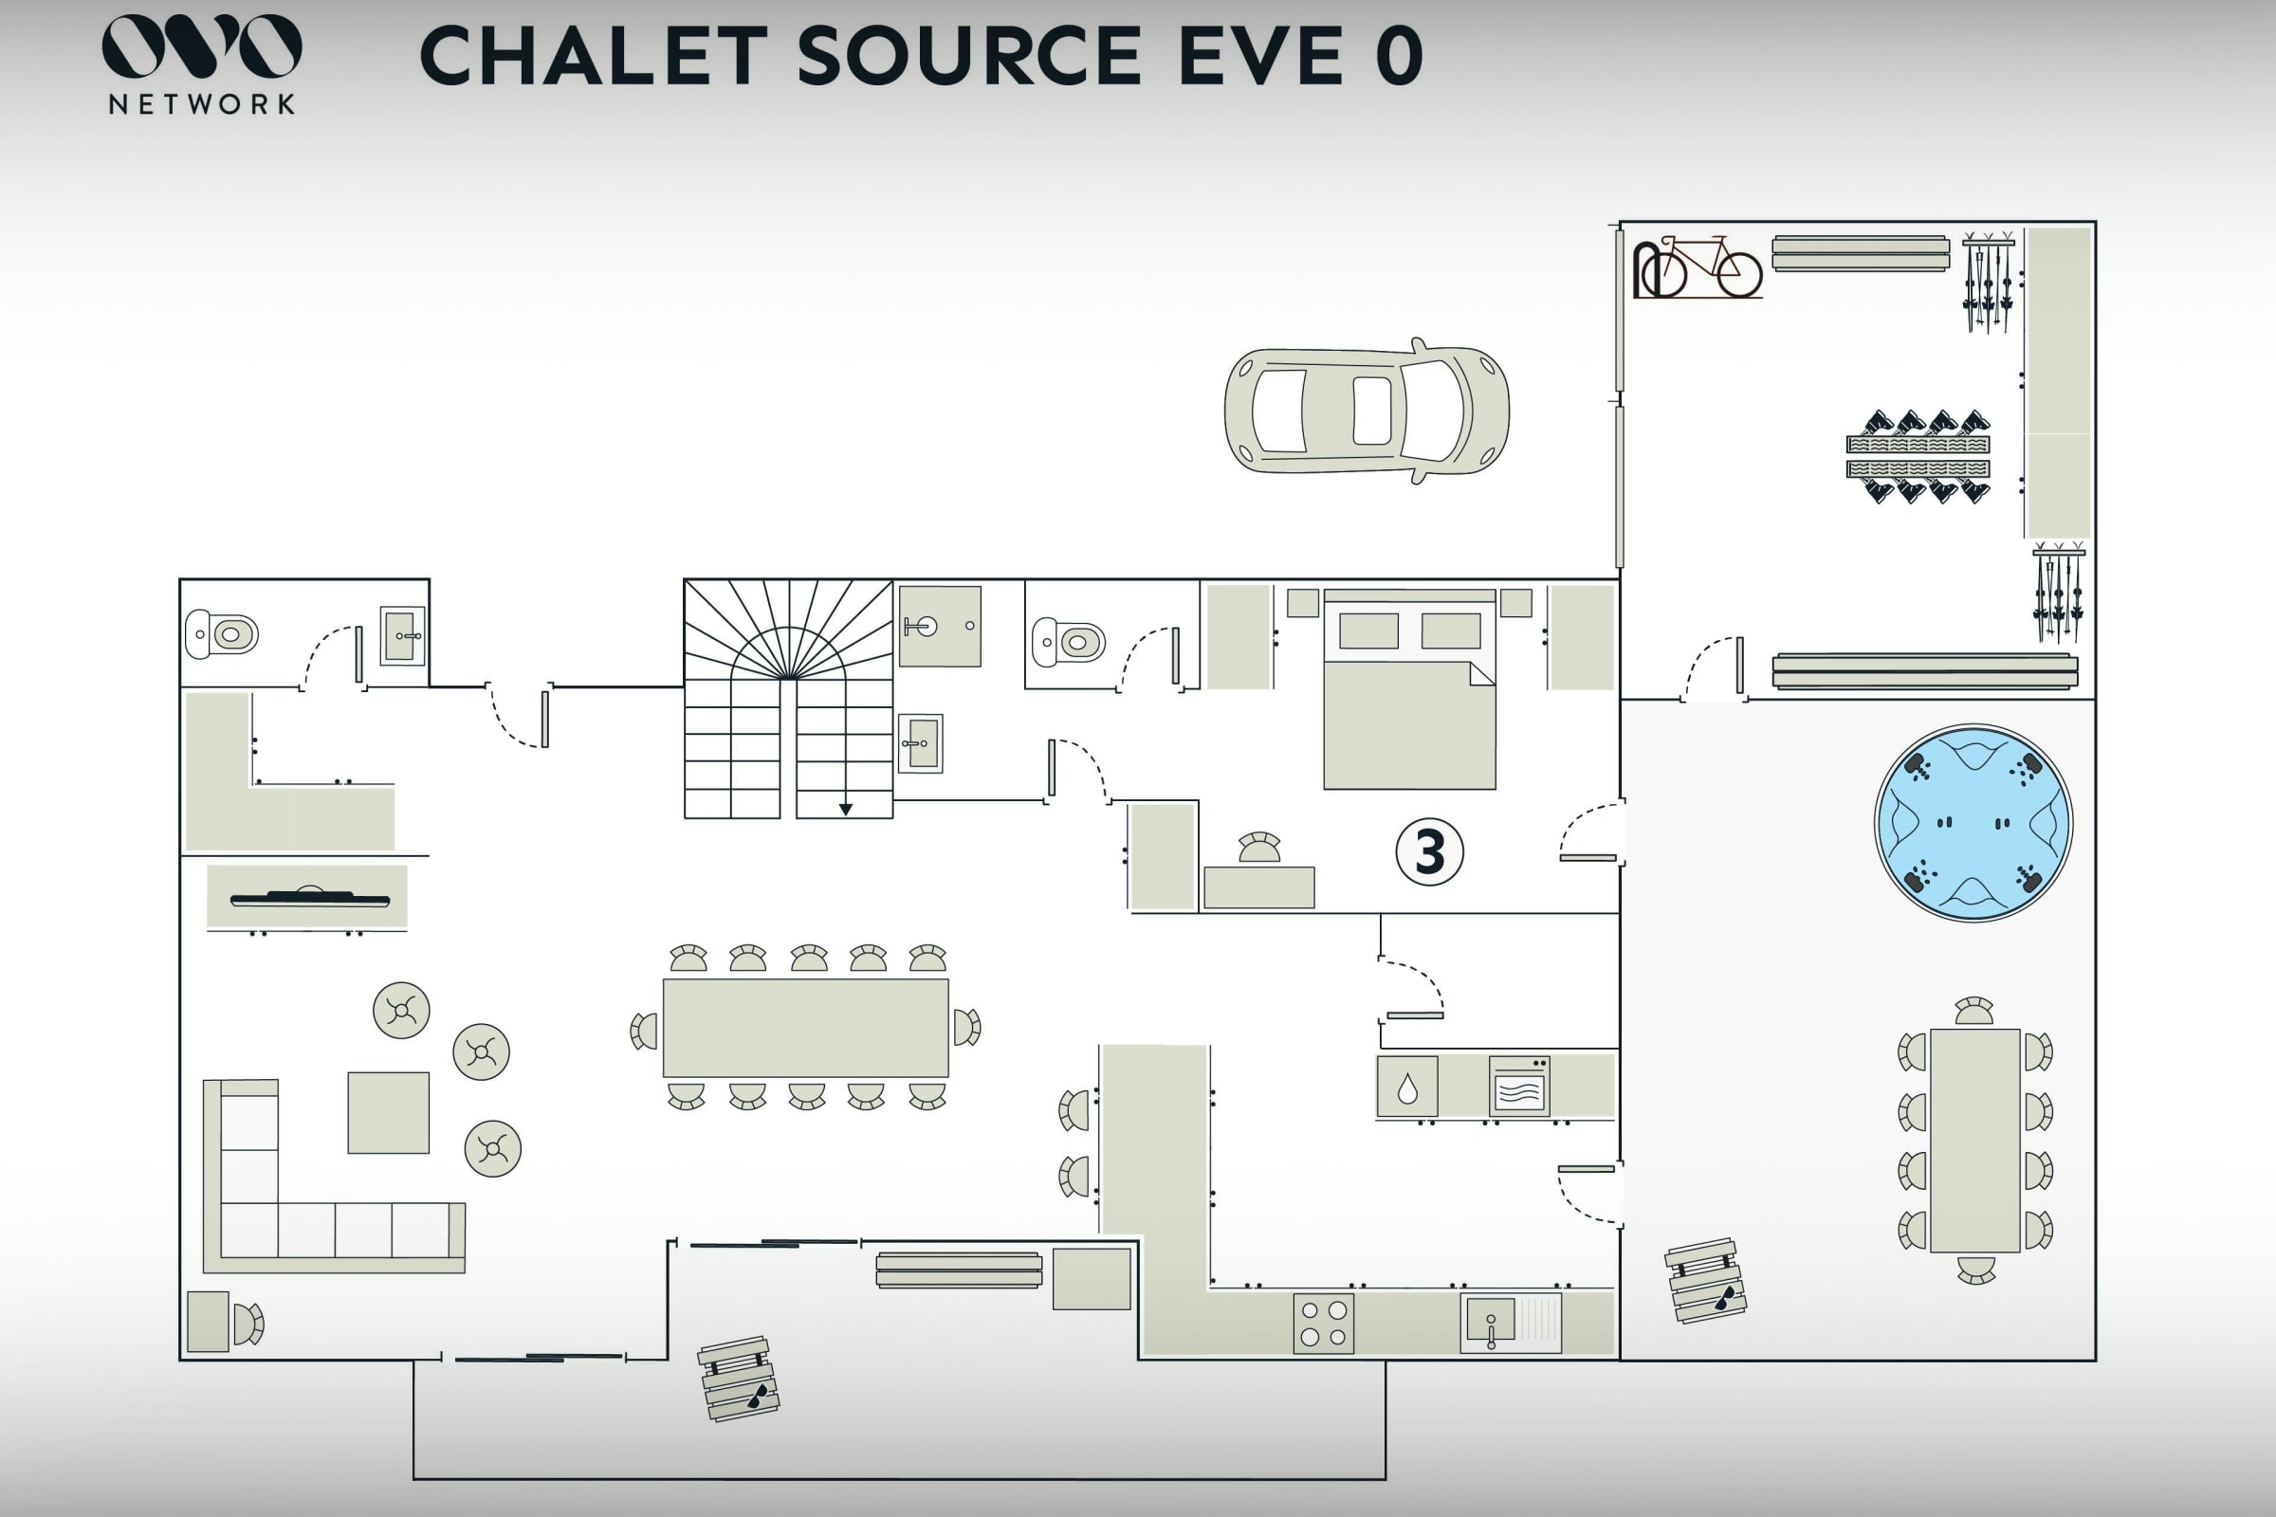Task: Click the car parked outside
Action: (x=1367, y=411)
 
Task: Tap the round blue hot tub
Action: (x=1973, y=823)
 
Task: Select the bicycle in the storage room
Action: (x=1698, y=267)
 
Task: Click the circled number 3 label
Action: (x=1429, y=852)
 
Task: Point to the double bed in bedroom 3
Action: (x=1409, y=689)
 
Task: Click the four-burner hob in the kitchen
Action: (x=1324, y=1324)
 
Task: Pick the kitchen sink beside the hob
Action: (x=1511, y=1323)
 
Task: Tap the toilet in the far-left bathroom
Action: (x=222, y=634)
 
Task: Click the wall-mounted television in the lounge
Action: (x=310, y=899)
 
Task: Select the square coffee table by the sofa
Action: (x=388, y=1112)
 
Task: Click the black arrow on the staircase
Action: (x=846, y=810)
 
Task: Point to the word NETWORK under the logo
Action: (x=202, y=104)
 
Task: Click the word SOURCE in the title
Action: (x=969, y=56)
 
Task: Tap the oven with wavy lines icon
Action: (x=1519, y=1087)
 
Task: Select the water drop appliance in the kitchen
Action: (x=1407, y=1087)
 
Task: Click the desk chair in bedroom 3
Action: (x=1260, y=848)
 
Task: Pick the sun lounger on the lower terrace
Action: (x=740, y=1380)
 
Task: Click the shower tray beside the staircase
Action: (x=940, y=626)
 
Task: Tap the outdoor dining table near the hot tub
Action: (x=1975, y=1141)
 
